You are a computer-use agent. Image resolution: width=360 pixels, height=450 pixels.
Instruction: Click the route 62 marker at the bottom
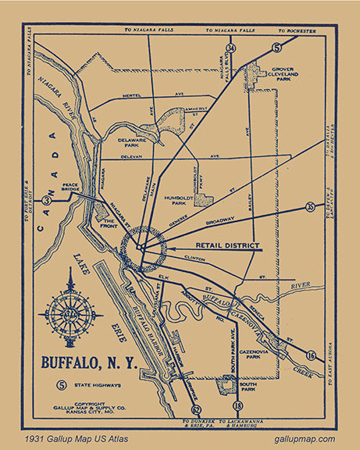195,409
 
